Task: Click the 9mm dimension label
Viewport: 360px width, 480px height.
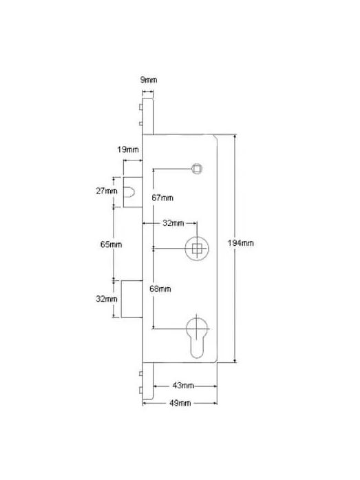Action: [149, 80]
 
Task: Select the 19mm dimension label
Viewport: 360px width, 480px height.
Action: [128, 149]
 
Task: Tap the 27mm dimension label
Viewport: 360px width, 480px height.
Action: [107, 191]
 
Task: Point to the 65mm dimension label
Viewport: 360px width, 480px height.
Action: [111, 244]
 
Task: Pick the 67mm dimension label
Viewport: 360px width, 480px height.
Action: [162, 198]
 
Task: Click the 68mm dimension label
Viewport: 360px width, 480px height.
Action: [160, 289]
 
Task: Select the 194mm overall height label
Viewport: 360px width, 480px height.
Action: [240, 243]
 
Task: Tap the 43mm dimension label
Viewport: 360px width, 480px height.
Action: [183, 386]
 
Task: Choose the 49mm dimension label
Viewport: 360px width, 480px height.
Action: [180, 403]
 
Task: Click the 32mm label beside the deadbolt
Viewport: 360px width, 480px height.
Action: [107, 298]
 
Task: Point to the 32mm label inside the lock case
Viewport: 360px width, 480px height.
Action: [173, 223]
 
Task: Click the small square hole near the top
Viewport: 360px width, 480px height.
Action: [197, 169]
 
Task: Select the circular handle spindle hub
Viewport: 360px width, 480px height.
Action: [197, 249]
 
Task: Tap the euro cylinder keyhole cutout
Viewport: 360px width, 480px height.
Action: [197, 337]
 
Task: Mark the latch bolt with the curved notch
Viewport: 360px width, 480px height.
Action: [133, 192]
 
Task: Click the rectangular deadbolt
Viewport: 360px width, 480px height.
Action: [132, 299]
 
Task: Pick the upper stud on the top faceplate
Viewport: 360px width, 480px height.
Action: [141, 107]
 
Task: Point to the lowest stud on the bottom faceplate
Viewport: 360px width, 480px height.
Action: [141, 390]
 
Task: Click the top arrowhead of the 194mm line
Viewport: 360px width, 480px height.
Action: [235, 136]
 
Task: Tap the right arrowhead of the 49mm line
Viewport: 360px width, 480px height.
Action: [215, 403]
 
